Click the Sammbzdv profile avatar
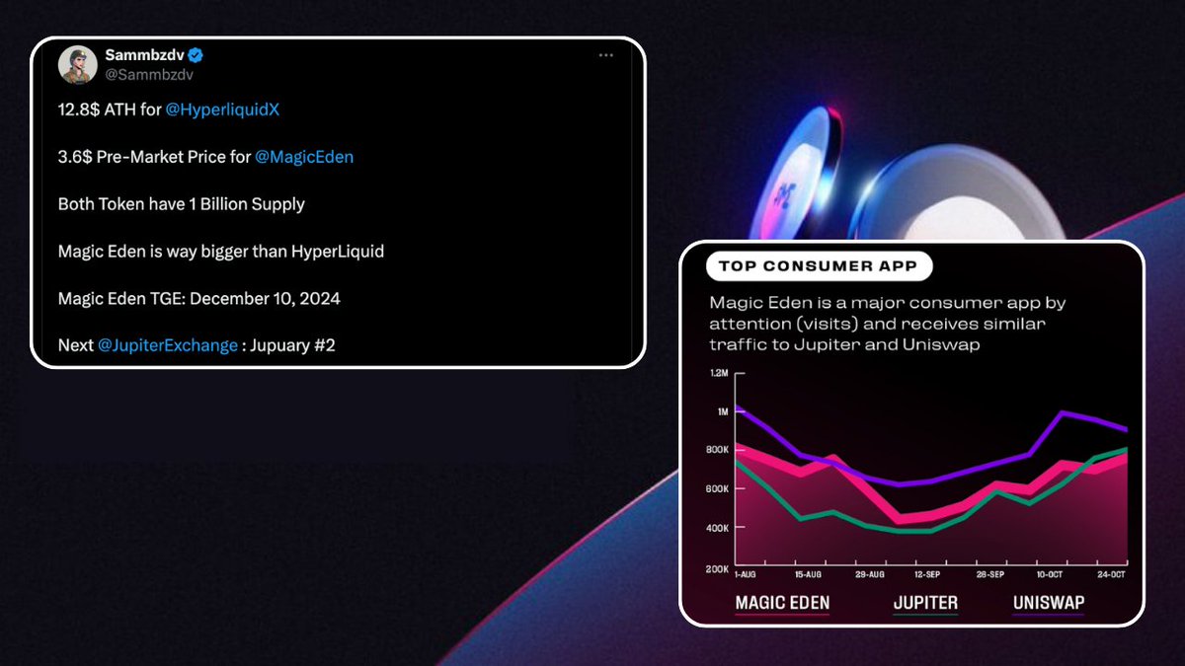pos(77,66)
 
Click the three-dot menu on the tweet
pos(605,55)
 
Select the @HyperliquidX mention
pos(222,110)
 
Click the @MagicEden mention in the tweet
pos(304,157)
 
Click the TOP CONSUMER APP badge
pos(819,266)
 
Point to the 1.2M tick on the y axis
pos(717,374)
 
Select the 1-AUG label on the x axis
pos(747,574)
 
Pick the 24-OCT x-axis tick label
pos(1112,574)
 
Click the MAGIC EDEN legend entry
pos(782,603)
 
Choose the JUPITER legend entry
pos(925,603)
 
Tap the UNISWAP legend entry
pos(1048,603)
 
